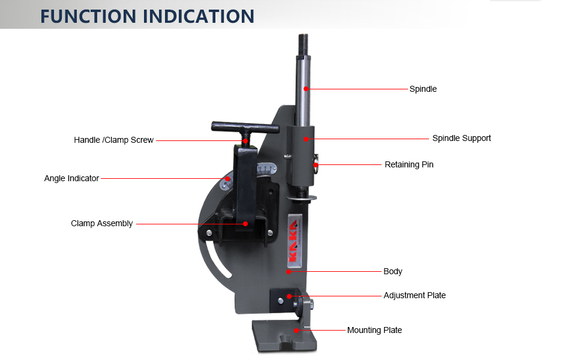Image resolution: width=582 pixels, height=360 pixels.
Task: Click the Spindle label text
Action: click(x=423, y=89)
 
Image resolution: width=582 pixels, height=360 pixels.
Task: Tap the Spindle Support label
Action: click(x=461, y=138)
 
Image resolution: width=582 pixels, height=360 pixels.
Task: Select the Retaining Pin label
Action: click(x=409, y=164)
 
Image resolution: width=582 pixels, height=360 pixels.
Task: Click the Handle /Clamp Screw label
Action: click(x=113, y=140)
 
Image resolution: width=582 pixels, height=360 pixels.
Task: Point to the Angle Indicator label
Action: click(x=71, y=178)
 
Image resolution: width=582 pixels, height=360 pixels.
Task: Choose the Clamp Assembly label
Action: click(x=101, y=223)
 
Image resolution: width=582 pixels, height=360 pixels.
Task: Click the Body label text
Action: click(x=393, y=271)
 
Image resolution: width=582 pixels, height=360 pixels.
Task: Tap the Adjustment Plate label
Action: click(x=415, y=295)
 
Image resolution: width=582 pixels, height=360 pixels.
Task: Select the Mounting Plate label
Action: click(x=374, y=330)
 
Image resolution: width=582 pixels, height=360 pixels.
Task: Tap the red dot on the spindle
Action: click(x=306, y=89)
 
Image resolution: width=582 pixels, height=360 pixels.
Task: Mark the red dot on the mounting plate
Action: click(x=297, y=330)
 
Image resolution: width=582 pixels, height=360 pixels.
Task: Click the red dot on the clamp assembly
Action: click(x=245, y=223)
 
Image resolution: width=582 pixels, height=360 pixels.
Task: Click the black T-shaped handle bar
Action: click(x=244, y=127)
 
